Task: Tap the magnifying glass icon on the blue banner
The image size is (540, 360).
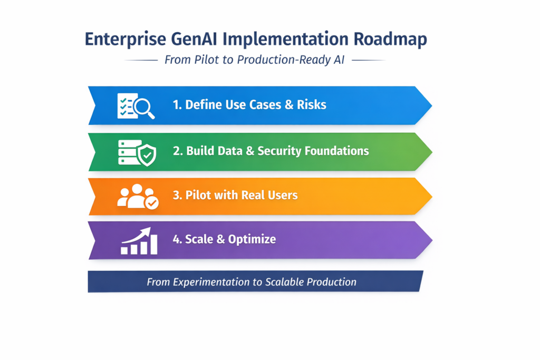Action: tap(144, 108)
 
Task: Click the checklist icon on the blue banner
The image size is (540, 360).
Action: tap(126, 105)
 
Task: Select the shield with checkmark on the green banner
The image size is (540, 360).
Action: tap(146, 155)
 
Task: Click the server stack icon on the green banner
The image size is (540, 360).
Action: tap(128, 152)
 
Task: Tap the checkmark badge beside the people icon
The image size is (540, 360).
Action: tap(152, 203)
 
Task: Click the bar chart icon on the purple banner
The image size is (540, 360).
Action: tap(139, 241)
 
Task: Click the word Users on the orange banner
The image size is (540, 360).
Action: tap(283, 195)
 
